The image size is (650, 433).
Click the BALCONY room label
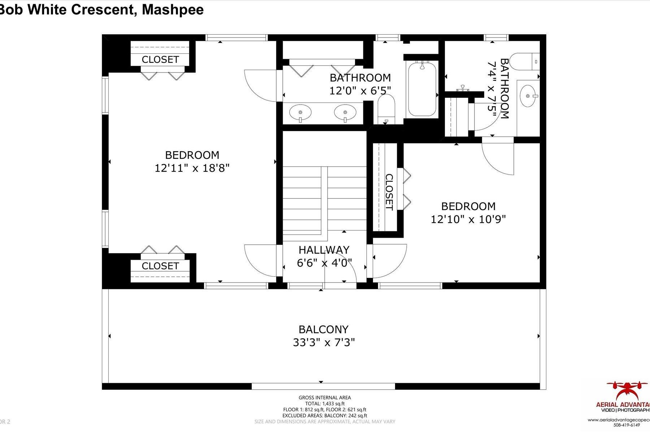coord(323,329)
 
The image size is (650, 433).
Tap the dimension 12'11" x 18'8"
coord(192,168)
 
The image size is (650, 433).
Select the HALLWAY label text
coord(324,250)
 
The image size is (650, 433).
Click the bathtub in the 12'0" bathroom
coord(421,88)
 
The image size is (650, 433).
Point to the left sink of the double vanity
coord(300,112)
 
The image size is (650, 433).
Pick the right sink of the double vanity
coord(345,112)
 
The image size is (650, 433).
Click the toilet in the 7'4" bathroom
coord(525,62)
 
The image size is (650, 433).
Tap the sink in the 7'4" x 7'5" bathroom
coord(529,96)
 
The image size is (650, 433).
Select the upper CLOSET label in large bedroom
coord(160,60)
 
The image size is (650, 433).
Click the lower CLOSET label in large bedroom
coord(160,266)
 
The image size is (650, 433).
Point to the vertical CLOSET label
coord(389,192)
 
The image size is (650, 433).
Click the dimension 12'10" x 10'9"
coord(468,219)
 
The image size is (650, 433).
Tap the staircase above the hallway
coord(324,197)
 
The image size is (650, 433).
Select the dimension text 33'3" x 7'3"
coord(324,342)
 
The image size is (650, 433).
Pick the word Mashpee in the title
coord(173,9)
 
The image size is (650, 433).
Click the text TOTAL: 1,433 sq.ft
coord(325,403)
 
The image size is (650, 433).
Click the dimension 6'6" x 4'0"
coord(324,263)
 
